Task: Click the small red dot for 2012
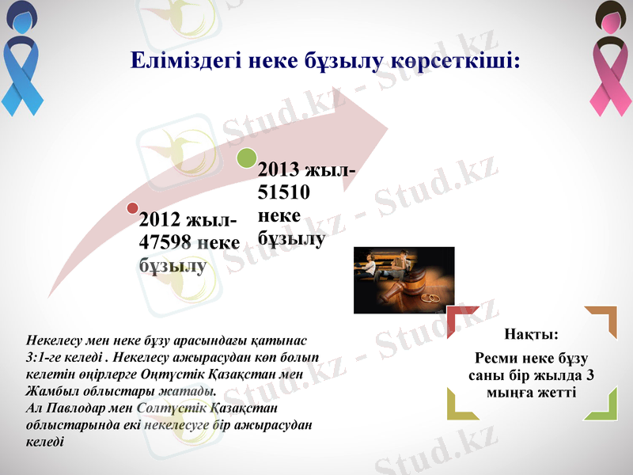click(131, 208)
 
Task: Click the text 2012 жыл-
click(187, 219)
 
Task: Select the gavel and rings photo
click(404, 280)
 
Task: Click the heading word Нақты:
click(532, 335)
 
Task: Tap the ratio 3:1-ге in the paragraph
click(49, 357)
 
